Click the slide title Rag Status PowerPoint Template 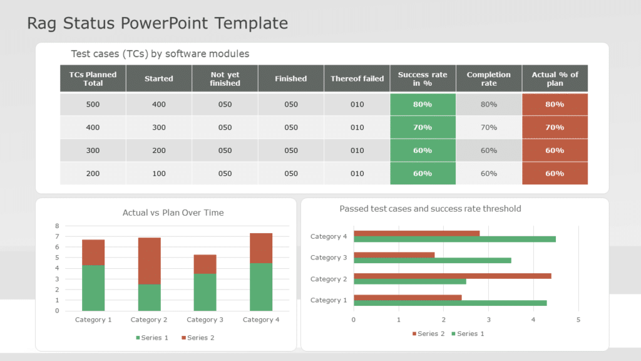click(157, 24)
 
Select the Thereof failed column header click(357, 79)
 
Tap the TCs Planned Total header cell click(93, 79)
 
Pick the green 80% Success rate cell click(423, 105)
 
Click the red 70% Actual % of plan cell click(555, 127)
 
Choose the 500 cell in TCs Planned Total click(93, 105)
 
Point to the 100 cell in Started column click(159, 174)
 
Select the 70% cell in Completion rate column click(489, 127)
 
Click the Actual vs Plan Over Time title click(173, 213)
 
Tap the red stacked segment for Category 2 click(149, 261)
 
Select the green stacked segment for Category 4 click(261, 286)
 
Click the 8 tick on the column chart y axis click(57, 226)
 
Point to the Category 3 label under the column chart click(205, 320)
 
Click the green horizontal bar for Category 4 click(454, 239)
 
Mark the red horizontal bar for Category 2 click(452, 276)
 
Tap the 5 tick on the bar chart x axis click(578, 320)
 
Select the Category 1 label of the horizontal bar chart click(329, 300)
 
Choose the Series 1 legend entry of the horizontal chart click(467, 333)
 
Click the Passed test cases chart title click(430, 209)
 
